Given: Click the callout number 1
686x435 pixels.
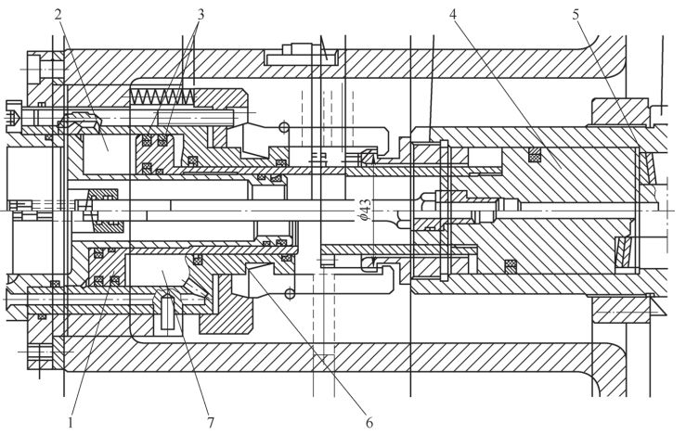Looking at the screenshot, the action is tap(70, 423).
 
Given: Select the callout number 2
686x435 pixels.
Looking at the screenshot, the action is tap(58, 14).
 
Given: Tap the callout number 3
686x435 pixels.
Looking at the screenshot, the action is tap(200, 14).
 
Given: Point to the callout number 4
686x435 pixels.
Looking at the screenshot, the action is tap(452, 14).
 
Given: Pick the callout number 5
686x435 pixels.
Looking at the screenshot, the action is tap(576, 14).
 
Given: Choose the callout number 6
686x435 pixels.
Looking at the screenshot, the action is tap(369, 423).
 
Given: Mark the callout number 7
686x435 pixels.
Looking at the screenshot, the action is tap(211, 423).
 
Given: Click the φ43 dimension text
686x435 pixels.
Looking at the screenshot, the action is tap(365, 210).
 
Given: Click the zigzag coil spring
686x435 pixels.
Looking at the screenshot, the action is tap(162, 96).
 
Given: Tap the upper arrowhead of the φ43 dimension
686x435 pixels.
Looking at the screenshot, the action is tap(373, 160).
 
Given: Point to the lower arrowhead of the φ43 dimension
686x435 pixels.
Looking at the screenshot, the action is tap(373, 262).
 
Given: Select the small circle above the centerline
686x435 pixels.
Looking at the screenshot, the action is tap(284, 127).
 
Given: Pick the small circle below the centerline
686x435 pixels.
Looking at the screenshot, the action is tap(290, 293).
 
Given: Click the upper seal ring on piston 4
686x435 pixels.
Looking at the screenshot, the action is tap(534, 153).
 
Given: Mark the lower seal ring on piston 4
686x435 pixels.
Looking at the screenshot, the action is tap(511, 265).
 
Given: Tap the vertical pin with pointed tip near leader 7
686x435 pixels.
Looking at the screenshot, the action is tap(167, 311).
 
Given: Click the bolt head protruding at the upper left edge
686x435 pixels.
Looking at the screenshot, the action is tap(14, 116).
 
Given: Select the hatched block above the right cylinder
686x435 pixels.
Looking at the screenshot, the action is tap(619, 112).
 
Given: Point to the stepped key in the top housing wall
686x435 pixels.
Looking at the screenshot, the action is tap(301, 55).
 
